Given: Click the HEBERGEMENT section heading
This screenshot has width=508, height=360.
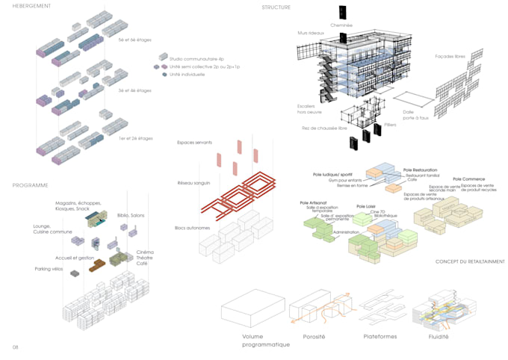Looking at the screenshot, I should pyautogui.click(x=32, y=6).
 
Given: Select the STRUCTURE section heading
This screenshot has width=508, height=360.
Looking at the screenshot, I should pyautogui.click(x=276, y=7).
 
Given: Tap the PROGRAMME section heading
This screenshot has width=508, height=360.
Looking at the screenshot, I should pyautogui.click(x=30, y=185).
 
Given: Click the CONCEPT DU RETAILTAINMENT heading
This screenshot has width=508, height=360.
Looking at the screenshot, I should pyautogui.click(x=470, y=261).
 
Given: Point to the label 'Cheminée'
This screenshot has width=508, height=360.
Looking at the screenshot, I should pyautogui.click(x=341, y=25).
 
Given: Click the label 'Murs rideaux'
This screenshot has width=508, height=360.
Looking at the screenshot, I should pyautogui.click(x=309, y=34).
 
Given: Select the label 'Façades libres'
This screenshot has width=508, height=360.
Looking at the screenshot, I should pyautogui.click(x=450, y=57).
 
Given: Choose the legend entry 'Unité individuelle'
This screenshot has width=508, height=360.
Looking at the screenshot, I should pyautogui.click(x=188, y=75).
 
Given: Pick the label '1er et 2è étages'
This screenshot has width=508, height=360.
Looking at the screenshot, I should pyautogui.click(x=134, y=140).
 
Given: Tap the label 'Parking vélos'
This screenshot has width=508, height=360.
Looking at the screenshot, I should pyautogui.click(x=49, y=269).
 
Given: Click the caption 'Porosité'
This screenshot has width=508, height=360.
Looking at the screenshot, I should pyautogui.click(x=313, y=337).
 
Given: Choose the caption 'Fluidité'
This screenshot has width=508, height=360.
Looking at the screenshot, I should pyautogui.click(x=439, y=337).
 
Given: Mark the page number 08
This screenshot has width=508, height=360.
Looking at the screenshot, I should pyautogui.click(x=15, y=348).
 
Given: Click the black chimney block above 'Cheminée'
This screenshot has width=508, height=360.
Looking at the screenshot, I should pyautogui.click(x=342, y=12).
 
